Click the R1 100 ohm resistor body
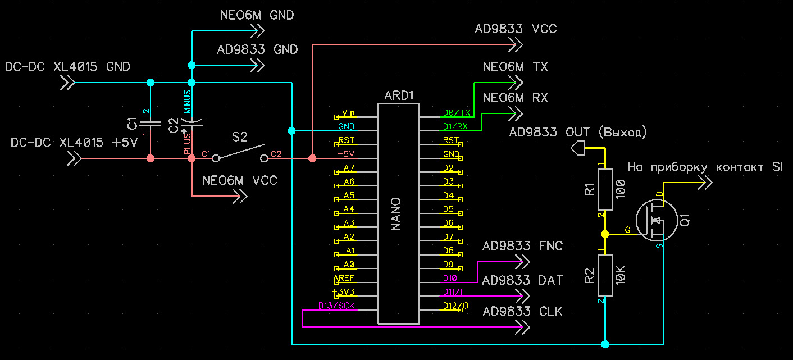click(x=605, y=189)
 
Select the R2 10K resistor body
click(x=605, y=275)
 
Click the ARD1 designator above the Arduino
click(x=399, y=95)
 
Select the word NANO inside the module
click(x=395, y=213)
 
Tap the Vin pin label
click(x=348, y=113)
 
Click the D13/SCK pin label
click(x=337, y=306)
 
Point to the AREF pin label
click(x=344, y=279)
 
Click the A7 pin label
click(x=349, y=168)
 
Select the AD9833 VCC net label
click(x=516, y=29)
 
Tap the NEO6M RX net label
click(x=515, y=98)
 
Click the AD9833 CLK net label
click(x=522, y=311)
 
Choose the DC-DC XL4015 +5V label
click(x=74, y=143)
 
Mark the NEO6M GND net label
click(x=257, y=15)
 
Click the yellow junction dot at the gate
click(x=605, y=234)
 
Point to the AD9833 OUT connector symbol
click(x=578, y=149)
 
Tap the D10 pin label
click(x=450, y=279)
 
